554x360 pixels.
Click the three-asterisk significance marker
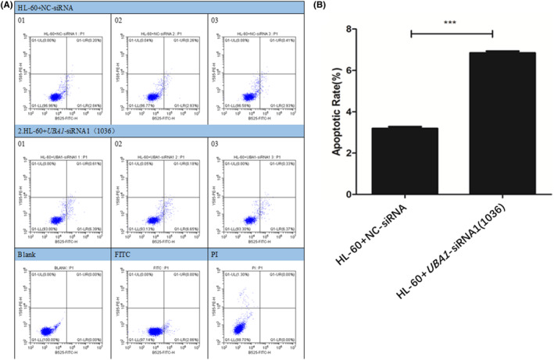coord(452,25)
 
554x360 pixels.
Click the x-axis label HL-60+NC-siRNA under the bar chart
coord(399,234)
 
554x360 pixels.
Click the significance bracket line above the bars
coord(452,33)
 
